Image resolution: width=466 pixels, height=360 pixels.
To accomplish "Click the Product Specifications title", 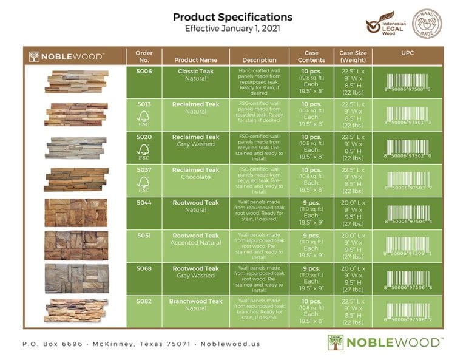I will [x=232, y=17].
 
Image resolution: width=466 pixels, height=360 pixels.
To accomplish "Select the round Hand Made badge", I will [x=427, y=24].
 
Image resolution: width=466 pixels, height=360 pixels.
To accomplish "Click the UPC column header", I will [x=408, y=53].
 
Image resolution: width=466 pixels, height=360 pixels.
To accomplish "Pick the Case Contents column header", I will [x=311, y=56].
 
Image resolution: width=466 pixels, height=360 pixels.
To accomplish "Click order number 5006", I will [x=144, y=72].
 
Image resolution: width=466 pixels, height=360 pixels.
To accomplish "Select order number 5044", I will [x=144, y=203].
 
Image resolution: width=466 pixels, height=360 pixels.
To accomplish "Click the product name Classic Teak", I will [x=195, y=72].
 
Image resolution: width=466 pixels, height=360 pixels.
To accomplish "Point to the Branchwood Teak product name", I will [x=195, y=301].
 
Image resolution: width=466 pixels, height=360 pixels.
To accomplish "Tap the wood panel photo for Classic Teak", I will [x=76, y=81].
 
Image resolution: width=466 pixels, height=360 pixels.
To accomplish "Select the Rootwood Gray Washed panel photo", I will [x=76, y=278].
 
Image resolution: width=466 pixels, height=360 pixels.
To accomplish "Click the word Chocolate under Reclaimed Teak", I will [x=195, y=177].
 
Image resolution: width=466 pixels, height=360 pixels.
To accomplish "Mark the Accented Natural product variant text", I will [x=195, y=243].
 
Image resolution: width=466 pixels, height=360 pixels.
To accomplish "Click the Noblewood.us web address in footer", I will [x=230, y=344].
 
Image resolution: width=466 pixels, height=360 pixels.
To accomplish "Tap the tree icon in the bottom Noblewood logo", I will [x=335, y=342].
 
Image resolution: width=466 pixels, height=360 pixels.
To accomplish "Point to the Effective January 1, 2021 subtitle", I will [x=232, y=29].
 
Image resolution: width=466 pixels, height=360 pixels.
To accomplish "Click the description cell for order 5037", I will [x=259, y=180].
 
